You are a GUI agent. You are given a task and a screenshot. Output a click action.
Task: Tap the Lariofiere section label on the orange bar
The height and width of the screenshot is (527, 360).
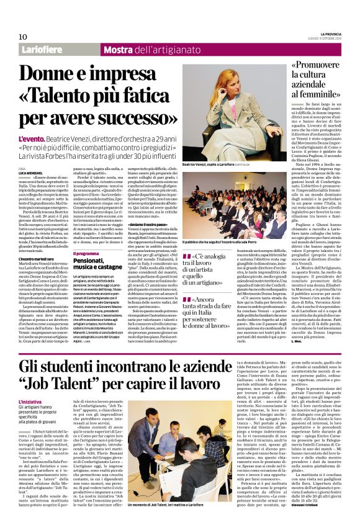point(44,49)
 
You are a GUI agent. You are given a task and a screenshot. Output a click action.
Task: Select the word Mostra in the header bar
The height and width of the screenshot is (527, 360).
point(118,49)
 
